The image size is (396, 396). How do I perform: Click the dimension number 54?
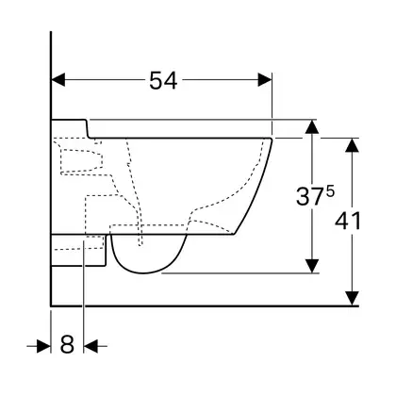[163, 80]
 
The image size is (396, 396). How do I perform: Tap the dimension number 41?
[348, 221]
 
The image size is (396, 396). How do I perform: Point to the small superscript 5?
[330, 191]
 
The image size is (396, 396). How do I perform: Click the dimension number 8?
[67, 344]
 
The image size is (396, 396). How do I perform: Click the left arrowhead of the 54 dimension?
[58, 79]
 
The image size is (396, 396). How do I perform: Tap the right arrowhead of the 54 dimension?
[265, 79]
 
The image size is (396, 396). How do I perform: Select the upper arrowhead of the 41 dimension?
[353, 145]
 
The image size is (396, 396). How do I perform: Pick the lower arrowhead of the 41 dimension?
[353, 298]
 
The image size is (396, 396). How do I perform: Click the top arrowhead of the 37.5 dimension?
[312, 126]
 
